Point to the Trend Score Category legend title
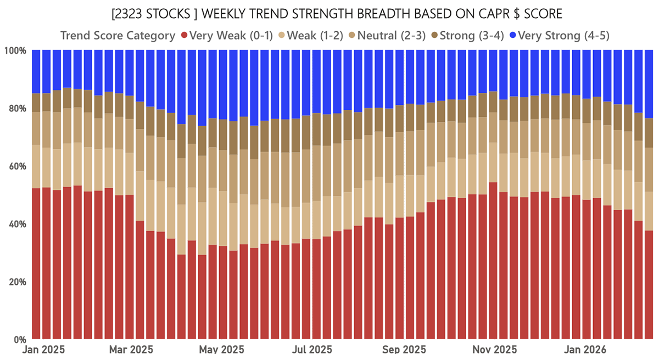tap(118, 36)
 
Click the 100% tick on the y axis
tap(15, 50)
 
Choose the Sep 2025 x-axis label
tap(404, 350)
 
